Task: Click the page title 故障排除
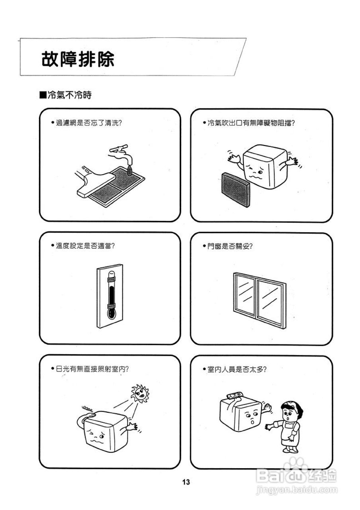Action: coord(78,59)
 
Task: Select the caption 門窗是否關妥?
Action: coord(230,246)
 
